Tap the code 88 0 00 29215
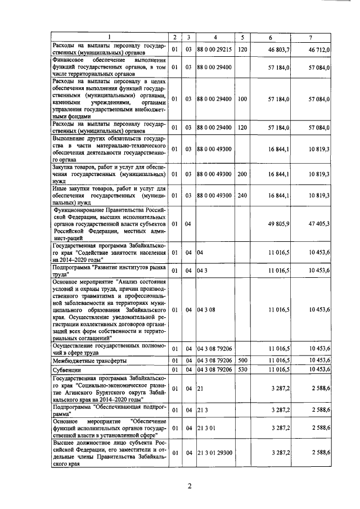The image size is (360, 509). (214, 50)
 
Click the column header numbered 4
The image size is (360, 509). (215, 38)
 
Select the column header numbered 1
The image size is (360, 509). (110, 38)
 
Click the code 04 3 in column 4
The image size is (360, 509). (202, 271)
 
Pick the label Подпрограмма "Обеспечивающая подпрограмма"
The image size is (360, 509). (109, 409)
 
